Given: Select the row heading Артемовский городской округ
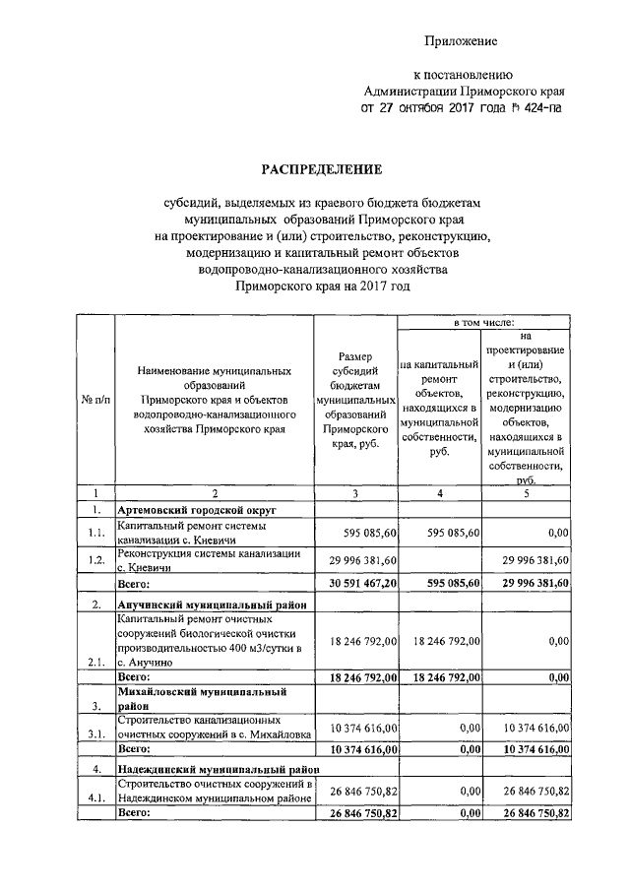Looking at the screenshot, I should pos(196,511).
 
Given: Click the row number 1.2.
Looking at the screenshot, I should pos(95,560).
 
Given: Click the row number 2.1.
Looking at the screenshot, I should pos(95,663).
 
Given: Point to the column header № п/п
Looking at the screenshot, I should pos(95,401).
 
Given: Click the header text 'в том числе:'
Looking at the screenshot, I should pos(483,322).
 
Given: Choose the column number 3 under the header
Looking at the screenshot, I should pos(355,493).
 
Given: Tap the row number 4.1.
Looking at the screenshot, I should pos(95,798).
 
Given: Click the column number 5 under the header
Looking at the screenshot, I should pos(526,493).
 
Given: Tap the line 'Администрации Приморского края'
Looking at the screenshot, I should pos(462,91).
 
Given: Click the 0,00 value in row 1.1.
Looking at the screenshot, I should pos(555,533).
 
